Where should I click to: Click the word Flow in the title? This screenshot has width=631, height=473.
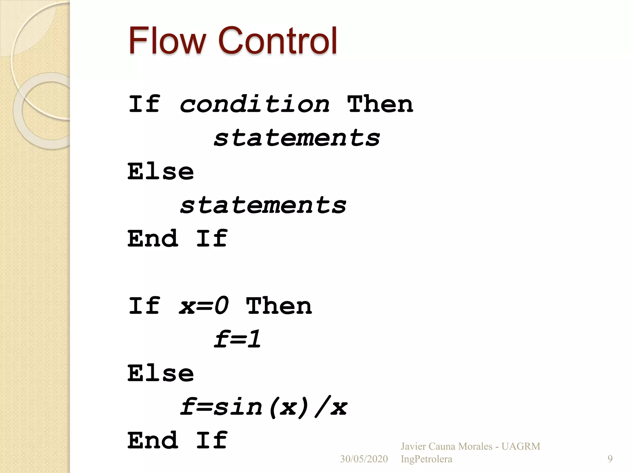167,41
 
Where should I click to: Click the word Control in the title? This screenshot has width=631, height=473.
278,41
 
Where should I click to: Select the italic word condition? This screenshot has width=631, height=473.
254,104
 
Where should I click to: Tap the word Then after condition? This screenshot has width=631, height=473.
380,104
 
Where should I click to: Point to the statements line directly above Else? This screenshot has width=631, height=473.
297,138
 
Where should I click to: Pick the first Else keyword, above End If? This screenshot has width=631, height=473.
161,172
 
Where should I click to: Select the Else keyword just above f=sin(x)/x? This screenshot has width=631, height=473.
161,373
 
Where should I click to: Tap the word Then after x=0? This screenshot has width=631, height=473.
279,306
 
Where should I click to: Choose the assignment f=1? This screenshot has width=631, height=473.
238,340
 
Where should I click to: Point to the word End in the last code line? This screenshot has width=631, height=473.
153,440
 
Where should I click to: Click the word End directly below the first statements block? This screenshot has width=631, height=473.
153,239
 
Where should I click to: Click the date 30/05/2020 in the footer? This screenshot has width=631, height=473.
364,459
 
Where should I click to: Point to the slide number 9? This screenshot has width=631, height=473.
610,459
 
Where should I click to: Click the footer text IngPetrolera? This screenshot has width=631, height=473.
426,459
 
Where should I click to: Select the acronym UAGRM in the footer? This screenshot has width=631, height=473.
521,447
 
